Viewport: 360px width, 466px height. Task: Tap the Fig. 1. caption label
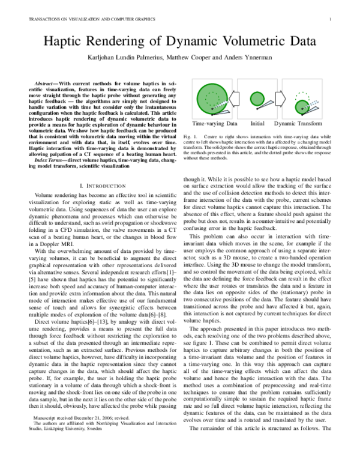click(x=191, y=137)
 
